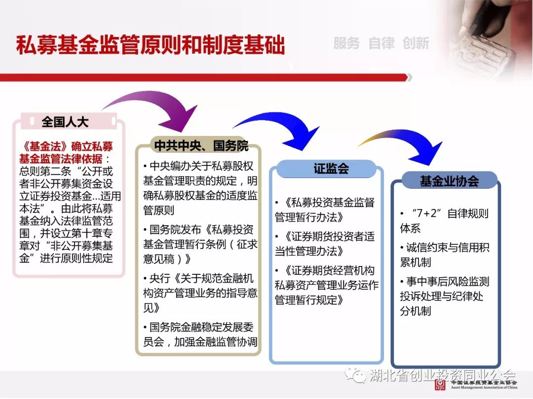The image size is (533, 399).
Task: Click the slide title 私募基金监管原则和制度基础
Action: [x=150, y=45]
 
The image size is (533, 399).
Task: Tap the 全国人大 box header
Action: [x=65, y=122]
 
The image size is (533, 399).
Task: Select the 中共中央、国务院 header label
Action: [x=201, y=145]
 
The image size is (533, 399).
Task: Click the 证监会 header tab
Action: [x=331, y=168]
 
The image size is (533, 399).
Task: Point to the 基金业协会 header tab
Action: [x=450, y=180]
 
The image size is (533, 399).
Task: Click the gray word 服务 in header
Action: [x=346, y=43]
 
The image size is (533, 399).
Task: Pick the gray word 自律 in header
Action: [x=381, y=43]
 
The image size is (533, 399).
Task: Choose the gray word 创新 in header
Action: [x=416, y=43]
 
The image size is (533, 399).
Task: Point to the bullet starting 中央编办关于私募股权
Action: [x=200, y=188]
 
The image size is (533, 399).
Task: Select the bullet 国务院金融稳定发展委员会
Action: [x=200, y=334]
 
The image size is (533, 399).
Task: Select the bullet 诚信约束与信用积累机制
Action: [x=445, y=255]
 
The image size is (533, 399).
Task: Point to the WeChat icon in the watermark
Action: [x=356, y=374]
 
